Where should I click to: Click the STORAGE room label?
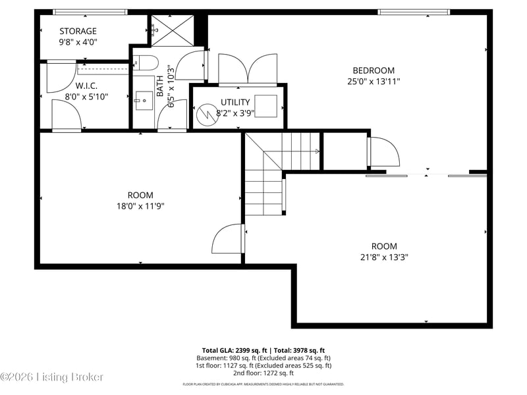tap(78, 31)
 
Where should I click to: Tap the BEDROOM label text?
tap(374, 70)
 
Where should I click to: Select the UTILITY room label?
tap(235, 102)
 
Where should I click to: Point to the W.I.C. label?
tap(86, 86)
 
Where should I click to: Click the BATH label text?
tap(160, 86)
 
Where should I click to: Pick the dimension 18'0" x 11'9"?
tap(140, 206)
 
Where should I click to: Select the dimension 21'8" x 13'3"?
tap(384, 257)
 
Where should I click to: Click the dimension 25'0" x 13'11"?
tap(374, 82)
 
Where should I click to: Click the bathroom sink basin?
tap(144, 101)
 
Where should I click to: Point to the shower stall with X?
tap(173, 30)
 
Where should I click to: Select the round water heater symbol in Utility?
tap(205, 115)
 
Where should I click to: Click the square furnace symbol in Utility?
tap(266, 106)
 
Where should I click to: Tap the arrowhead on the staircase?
tap(317, 151)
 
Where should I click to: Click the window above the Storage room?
tap(90, 13)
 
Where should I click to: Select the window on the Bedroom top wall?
tap(414, 13)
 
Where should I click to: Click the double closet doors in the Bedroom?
tap(248, 68)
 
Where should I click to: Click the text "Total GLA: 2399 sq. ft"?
tap(234, 351)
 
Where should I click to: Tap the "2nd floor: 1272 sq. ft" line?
tap(263, 373)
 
